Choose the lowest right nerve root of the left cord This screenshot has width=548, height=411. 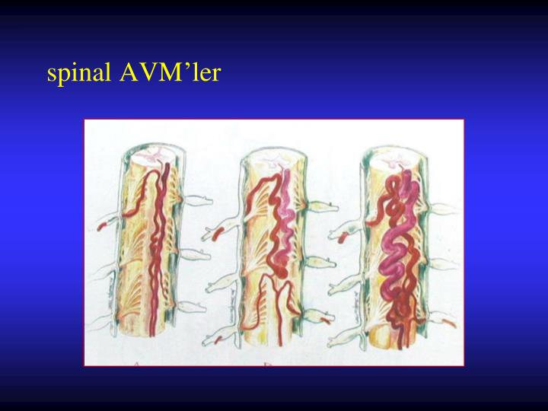pos(193,307)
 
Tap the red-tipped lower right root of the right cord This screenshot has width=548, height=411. pos(448,323)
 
